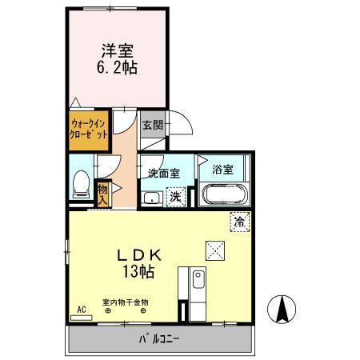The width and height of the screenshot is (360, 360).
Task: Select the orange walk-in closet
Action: click(x=89, y=130)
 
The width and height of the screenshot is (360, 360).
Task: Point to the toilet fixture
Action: click(x=81, y=185)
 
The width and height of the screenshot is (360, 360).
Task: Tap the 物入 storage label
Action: click(x=103, y=192)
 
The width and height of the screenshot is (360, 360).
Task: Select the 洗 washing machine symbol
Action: click(x=174, y=196)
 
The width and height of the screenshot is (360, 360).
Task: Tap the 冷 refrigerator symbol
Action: click(x=238, y=222)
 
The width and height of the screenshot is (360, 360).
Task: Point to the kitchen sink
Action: click(x=198, y=282)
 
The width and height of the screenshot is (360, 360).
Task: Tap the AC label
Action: click(x=81, y=307)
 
